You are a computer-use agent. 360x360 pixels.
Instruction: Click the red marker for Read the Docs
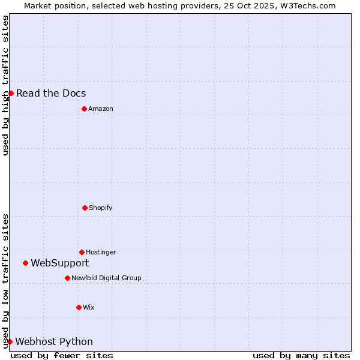click(11, 93)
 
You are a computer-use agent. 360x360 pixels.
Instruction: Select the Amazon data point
click(84, 109)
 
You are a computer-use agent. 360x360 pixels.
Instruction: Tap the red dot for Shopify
click(85, 208)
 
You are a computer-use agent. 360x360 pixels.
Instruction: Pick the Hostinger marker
click(82, 252)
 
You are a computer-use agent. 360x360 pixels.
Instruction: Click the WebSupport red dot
click(25, 263)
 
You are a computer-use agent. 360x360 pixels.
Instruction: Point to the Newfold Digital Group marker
click(67, 278)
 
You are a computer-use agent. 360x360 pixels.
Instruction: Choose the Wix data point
click(79, 307)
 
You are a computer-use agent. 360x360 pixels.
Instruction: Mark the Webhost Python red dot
click(10, 341)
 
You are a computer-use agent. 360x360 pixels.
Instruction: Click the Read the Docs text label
click(51, 93)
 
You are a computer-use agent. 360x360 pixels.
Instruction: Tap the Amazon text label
click(101, 109)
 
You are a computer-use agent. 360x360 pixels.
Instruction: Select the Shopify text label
click(101, 208)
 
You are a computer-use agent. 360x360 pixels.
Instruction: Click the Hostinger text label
click(101, 252)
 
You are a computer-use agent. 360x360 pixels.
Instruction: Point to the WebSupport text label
click(60, 263)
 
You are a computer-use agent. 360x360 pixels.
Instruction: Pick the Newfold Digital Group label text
click(106, 278)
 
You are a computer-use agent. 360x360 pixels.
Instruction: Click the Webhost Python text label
click(54, 341)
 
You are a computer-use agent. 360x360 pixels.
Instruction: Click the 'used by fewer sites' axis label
click(62, 355)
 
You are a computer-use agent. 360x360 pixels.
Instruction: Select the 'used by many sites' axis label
click(301, 355)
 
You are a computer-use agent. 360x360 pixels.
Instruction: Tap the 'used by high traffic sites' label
click(5, 85)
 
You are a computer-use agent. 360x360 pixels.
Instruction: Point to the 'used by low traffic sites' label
click(5, 281)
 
